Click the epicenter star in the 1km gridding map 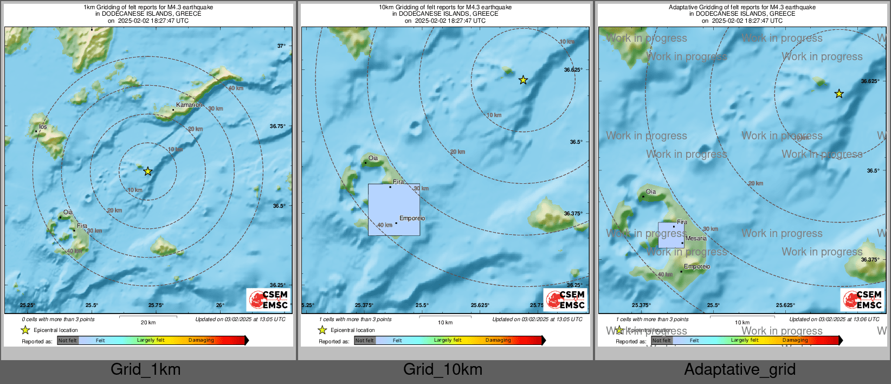pos(148,171)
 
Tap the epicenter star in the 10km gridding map pos(523,80)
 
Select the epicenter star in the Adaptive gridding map pos(839,94)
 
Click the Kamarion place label pos(189,105)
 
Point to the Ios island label pos(43,126)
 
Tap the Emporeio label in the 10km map pos(412,218)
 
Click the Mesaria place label pos(696,238)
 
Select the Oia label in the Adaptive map pos(651,191)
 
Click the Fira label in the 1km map pos(82,226)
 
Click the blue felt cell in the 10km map pos(394,209)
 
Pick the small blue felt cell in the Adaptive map pos(671,235)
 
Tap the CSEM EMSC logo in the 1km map pos(268,299)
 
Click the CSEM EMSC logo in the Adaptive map pos(862,299)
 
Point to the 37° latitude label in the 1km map pos(281,46)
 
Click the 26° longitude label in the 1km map pos(220,305)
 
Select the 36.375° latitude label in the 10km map pos(573,214)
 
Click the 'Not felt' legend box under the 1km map pos(68,341)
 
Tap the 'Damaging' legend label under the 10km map pos(498,340)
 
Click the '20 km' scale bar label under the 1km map pos(148,322)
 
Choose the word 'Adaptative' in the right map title pos(685,7)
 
